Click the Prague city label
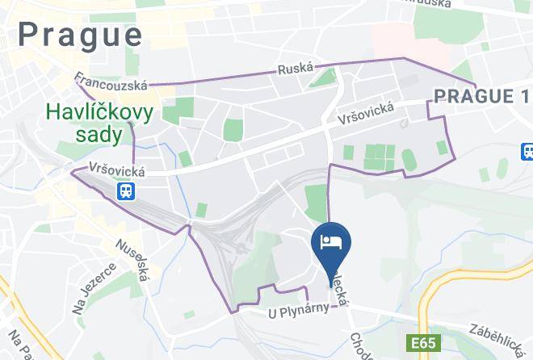80,35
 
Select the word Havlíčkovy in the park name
100,114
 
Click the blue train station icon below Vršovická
126,191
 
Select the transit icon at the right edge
527,151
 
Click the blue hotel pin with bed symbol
330,243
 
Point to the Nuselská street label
132,258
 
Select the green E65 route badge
421,344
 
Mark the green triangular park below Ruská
325,78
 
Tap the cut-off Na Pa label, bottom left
16,345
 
